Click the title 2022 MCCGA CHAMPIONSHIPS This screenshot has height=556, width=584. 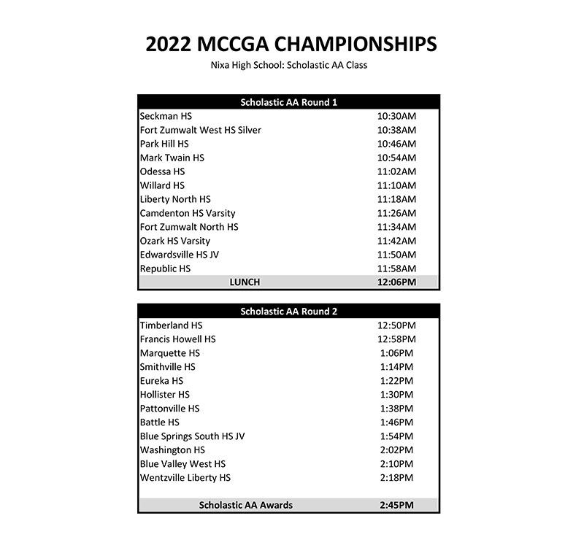pyautogui.click(x=291, y=44)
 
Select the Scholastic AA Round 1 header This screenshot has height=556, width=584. pyautogui.click(x=288, y=102)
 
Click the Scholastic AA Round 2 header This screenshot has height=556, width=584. pyautogui.click(x=288, y=312)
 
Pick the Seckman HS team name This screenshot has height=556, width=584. pyautogui.click(x=166, y=116)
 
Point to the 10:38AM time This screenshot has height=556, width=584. pyautogui.click(x=396, y=130)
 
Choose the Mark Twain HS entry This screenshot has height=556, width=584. pyautogui.click(x=172, y=158)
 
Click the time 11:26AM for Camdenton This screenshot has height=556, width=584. pyautogui.click(x=396, y=213)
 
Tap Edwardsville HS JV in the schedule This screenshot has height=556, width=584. pyautogui.click(x=180, y=255)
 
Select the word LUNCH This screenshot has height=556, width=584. pyautogui.click(x=245, y=282)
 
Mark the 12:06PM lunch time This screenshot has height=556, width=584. pyautogui.click(x=396, y=282)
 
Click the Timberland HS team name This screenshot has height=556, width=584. pyautogui.click(x=172, y=325)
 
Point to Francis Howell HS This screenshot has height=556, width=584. pyautogui.click(x=178, y=339)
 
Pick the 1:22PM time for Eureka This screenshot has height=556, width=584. pyautogui.click(x=396, y=381)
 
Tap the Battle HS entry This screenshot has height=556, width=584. pyautogui.click(x=160, y=422)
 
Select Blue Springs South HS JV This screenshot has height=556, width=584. pyautogui.click(x=193, y=436)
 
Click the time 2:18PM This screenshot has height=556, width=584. pyautogui.click(x=396, y=478)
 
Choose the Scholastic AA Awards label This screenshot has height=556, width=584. pyautogui.click(x=245, y=505)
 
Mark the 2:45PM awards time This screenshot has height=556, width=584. pyautogui.click(x=396, y=505)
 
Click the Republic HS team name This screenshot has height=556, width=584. pyautogui.click(x=166, y=269)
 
